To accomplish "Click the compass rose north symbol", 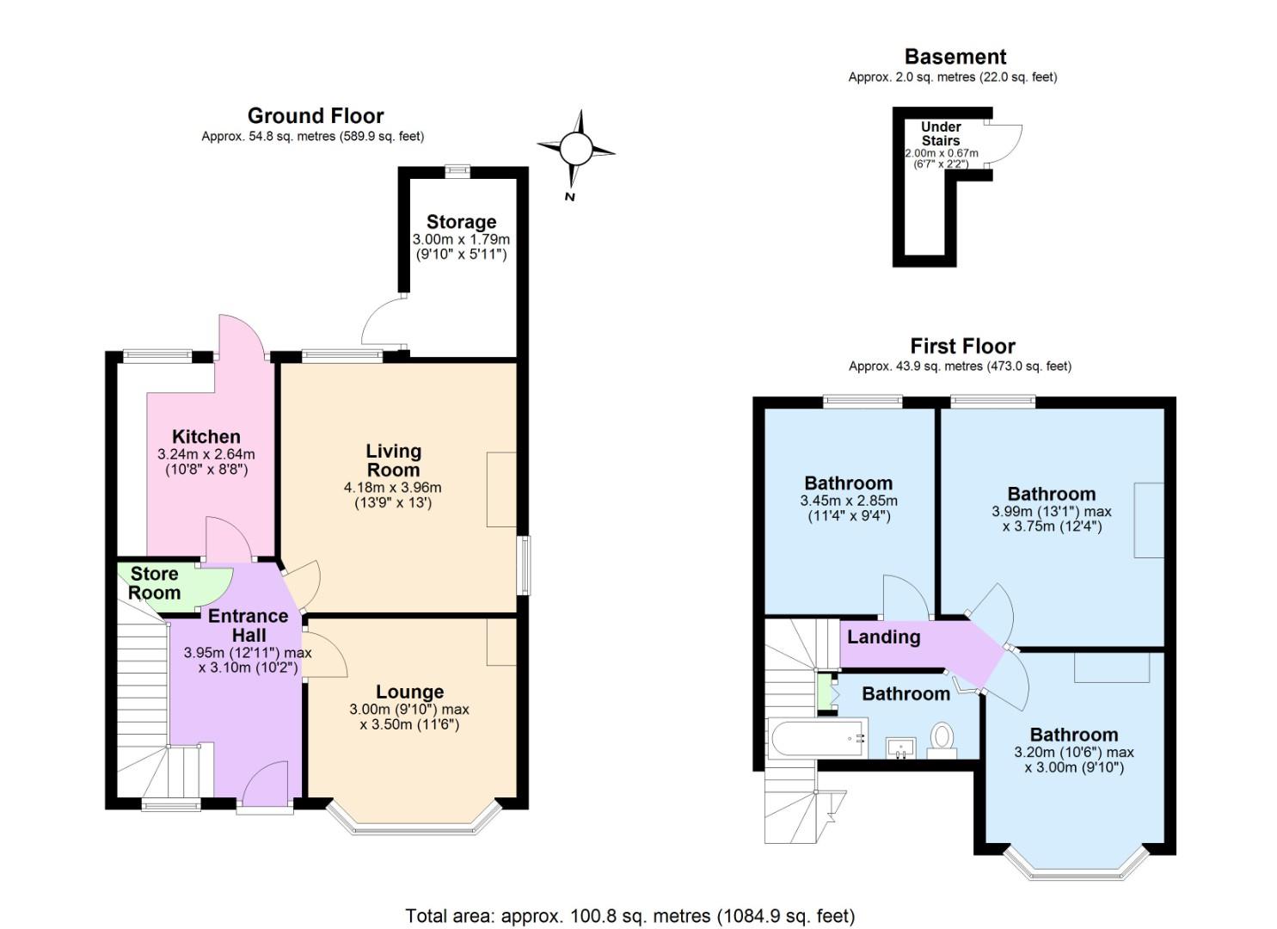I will coord(576,150).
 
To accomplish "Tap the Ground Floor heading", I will coord(316,116).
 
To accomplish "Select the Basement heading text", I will coord(955,57).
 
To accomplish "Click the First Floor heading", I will coord(962,346).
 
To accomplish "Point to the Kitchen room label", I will coord(206,436).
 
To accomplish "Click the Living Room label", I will coord(393,460).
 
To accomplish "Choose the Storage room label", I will coord(461,222).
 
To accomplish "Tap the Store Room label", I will coord(155,583).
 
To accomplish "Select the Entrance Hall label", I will coord(248,625).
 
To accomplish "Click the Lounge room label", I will coord(409,692).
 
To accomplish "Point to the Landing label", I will coord(883,637).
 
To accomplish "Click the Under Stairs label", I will coord(941,133).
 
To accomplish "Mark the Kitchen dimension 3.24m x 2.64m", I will coord(206,454).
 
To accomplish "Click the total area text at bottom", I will coord(629,915).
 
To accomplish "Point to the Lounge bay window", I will coord(414,826).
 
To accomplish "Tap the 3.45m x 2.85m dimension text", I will coord(848,501).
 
